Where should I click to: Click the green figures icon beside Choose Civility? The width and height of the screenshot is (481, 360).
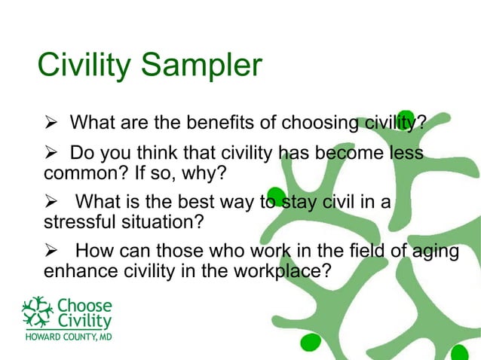(38, 312)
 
